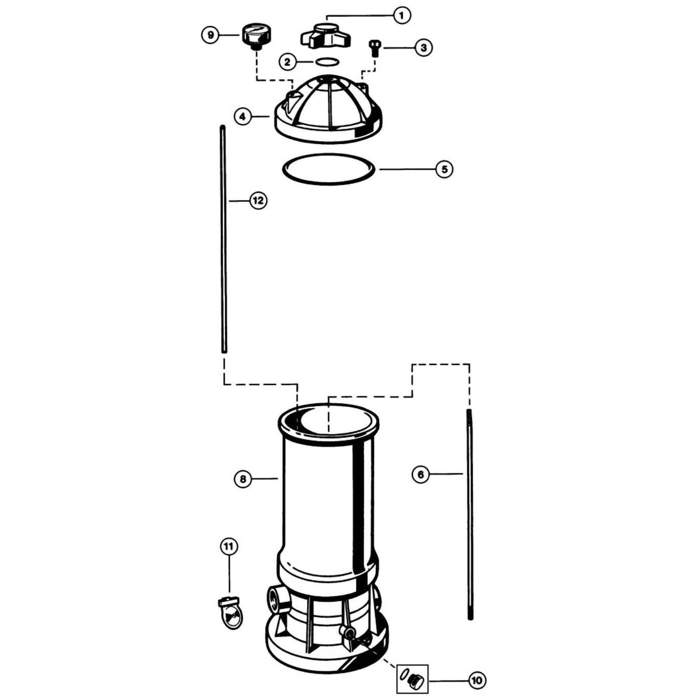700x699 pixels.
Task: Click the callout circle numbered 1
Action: point(402,16)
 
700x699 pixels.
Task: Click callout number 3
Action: point(424,47)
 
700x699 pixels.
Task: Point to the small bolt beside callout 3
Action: point(375,48)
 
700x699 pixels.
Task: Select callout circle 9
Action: point(210,35)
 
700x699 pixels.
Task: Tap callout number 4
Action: point(243,117)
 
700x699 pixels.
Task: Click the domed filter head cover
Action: point(325,109)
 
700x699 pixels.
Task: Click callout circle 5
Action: point(444,169)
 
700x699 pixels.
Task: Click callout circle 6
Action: point(420,474)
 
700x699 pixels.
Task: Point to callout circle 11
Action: point(229,546)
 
